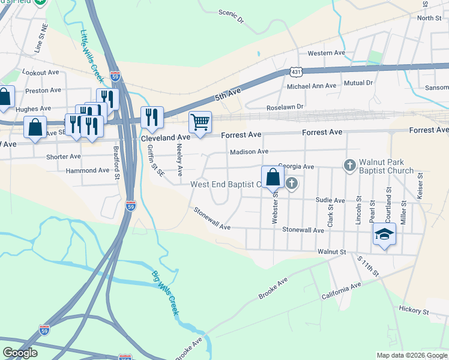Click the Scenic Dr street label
click(232, 16)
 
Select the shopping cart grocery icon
click(200, 122)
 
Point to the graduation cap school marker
click(384, 233)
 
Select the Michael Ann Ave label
click(312, 86)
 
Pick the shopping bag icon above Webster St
click(273, 176)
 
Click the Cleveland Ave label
click(166, 137)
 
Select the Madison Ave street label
click(249, 152)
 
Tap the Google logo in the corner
click(20, 353)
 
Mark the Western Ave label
click(327, 53)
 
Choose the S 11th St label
click(368, 266)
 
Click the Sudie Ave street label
click(331, 200)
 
